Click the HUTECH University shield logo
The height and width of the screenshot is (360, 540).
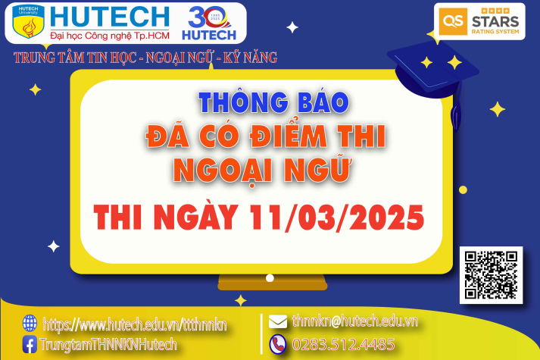pyautogui.click(x=29, y=23)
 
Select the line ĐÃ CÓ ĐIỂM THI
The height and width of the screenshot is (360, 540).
pyautogui.click(x=264, y=137)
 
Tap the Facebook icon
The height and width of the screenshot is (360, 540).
pyautogui.click(x=30, y=344)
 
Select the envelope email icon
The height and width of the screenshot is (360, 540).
pyautogui.click(x=277, y=321)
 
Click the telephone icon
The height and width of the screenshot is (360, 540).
pyautogui.click(x=277, y=343)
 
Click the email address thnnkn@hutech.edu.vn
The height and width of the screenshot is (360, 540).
pyautogui.click(x=354, y=321)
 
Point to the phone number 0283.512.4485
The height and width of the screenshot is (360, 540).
pyautogui.click(x=342, y=344)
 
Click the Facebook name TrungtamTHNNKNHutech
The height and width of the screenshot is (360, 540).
pyautogui.click(x=109, y=344)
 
